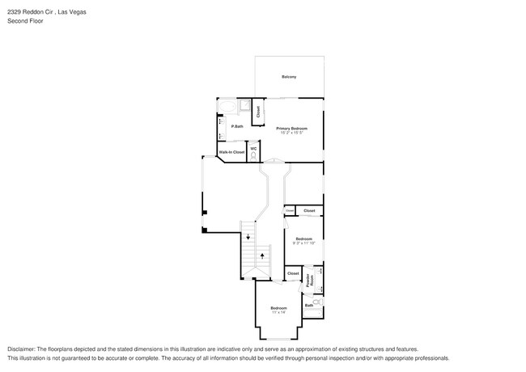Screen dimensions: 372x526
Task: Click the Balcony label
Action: click(289, 77)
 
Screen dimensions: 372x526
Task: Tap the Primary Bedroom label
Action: click(291, 129)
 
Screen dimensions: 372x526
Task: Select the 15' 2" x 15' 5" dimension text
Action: click(291, 133)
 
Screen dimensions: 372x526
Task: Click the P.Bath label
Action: click(237, 126)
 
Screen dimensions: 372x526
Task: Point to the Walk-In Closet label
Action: click(231, 152)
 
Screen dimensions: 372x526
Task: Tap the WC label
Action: click(253, 148)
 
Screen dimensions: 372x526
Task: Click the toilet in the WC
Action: click(253, 155)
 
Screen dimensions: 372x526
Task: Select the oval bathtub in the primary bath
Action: click(227, 106)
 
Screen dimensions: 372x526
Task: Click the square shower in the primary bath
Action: click(244, 105)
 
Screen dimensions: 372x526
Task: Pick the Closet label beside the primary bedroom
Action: click(258, 112)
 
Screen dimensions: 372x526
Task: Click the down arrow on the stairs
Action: click(248, 237)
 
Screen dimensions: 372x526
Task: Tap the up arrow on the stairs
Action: click(262, 256)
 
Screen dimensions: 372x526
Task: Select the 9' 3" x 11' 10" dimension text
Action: click(303, 243)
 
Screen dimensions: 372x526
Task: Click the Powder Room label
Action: click(309, 280)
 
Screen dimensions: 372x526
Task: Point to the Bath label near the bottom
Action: click(308, 305)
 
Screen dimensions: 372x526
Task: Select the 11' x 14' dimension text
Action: click(279, 313)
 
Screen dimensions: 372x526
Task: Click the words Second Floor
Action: click(25, 21)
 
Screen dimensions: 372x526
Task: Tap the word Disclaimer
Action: click(22, 349)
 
